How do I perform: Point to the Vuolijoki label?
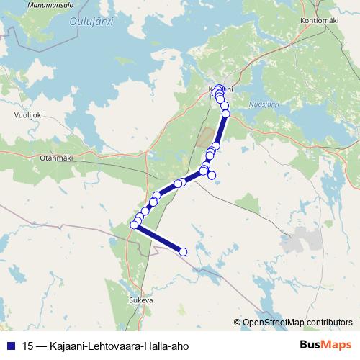coord(29,114)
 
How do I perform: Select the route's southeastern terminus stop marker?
coord(183,251)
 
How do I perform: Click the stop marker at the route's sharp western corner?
coord(134,225)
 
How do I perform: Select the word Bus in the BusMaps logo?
coord(310,345)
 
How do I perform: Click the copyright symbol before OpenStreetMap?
coord(238,322)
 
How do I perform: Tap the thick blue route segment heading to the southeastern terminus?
coord(158,238)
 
